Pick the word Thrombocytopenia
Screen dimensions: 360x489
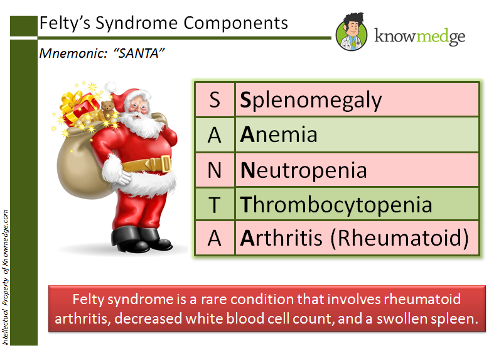pyautogui.click(x=336, y=204)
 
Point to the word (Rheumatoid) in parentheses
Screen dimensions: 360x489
pyautogui.click(x=400, y=238)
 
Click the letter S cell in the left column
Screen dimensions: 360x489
pyautogui.click(x=214, y=101)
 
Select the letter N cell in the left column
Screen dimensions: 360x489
pyautogui.click(x=214, y=170)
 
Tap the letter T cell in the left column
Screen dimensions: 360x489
pyautogui.click(x=214, y=204)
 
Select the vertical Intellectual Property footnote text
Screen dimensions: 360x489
pyautogui.click(x=6, y=276)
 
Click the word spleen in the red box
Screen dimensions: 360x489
pyautogui.click(x=451, y=318)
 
